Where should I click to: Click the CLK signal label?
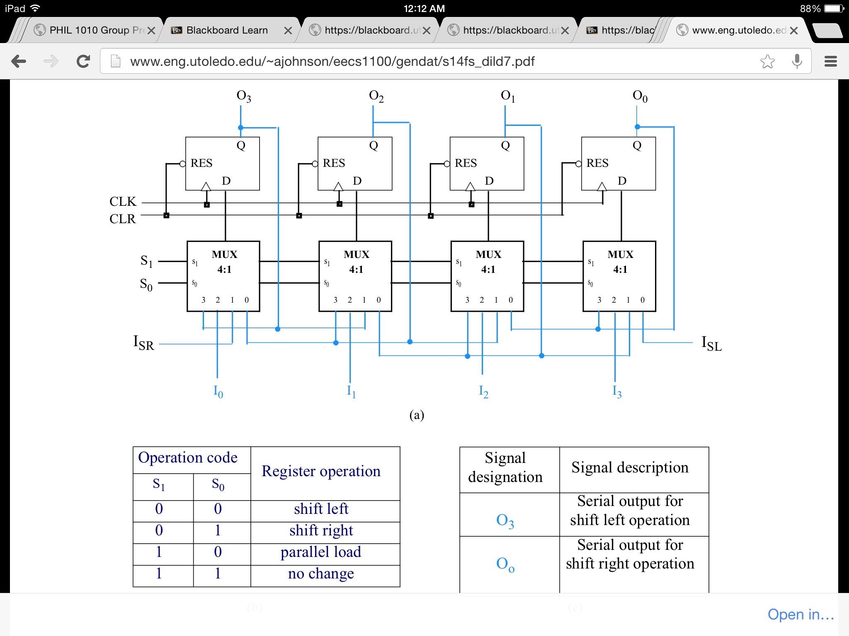coord(123,202)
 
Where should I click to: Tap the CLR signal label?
coord(122,219)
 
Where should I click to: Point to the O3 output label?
coord(244,96)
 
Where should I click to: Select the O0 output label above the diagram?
coord(640,96)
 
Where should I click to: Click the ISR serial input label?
coord(143,343)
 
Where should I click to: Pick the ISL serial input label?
coord(711,344)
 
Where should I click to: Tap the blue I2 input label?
coord(483,391)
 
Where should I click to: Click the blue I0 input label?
coord(218,391)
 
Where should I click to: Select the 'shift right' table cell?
coord(321,530)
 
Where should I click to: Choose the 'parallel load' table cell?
coord(321,552)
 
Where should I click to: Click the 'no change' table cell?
coord(321,573)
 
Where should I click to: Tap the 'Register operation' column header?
coord(321,471)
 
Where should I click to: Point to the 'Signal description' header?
coord(630,467)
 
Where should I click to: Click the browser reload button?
coord(83,62)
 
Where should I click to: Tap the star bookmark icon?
coord(767,62)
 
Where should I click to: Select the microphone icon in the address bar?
coord(797,62)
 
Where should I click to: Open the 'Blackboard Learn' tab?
coord(227,30)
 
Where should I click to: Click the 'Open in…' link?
coord(800,614)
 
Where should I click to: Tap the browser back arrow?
coord(19,62)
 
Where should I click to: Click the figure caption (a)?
coord(417,415)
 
